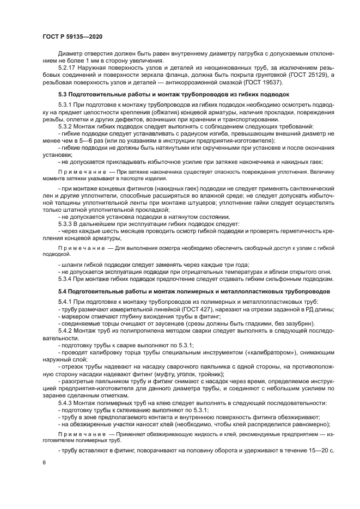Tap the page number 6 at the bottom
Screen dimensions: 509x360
[44, 462]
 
